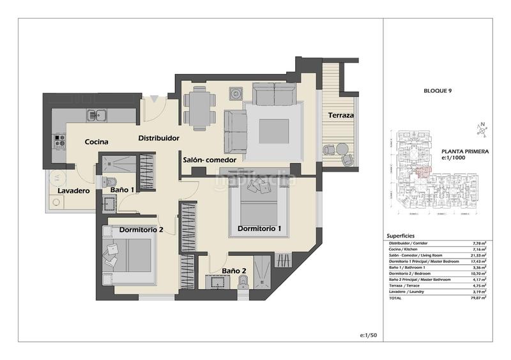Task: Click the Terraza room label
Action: (x=341, y=116)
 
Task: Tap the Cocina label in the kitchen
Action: (x=95, y=142)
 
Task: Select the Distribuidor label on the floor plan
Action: (x=158, y=138)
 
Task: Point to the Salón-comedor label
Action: (x=210, y=160)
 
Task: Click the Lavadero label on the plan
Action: (x=73, y=190)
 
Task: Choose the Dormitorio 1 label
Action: (x=259, y=228)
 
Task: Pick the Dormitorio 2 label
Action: (x=141, y=230)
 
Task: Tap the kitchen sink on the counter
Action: (x=98, y=116)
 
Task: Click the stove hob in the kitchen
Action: (x=59, y=139)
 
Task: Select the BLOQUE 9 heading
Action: (x=437, y=91)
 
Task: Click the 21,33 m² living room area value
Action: (x=480, y=255)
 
